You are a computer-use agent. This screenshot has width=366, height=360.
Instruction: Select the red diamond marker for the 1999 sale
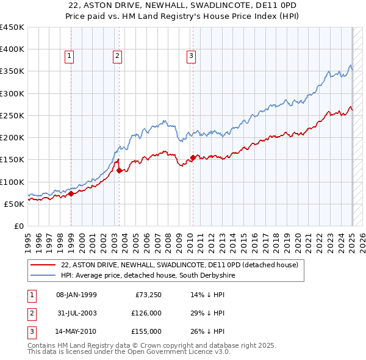click(x=71, y=193)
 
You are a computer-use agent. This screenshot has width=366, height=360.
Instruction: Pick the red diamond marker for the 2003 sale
click(x=119, y=170)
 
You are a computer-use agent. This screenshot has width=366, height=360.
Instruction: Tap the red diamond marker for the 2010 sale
click(x=193, y=157)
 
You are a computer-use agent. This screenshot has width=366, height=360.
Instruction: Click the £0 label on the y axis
click(x=18, y=226)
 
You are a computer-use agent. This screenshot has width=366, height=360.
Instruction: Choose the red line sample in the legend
click(x=42, y=265)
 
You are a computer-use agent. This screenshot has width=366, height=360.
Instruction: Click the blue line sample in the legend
click(x=42, y=275)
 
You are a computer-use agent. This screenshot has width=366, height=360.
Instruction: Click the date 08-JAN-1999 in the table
click(x=76, y=295)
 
